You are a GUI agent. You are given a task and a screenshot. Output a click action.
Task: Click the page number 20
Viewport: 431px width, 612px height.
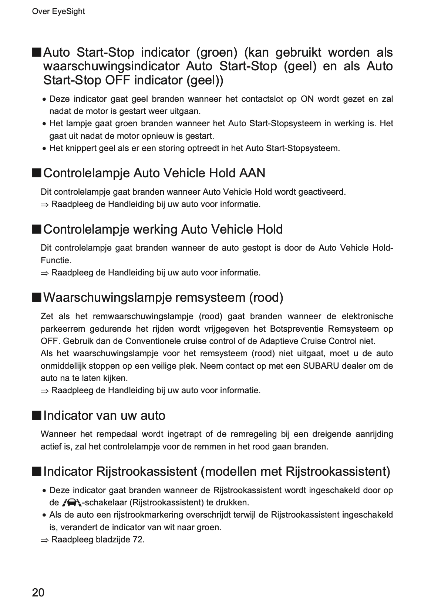pyautogui.click(x=38, y=592)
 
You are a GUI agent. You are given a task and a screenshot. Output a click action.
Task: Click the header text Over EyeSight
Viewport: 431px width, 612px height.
pyautogui.click(x=58, y=11)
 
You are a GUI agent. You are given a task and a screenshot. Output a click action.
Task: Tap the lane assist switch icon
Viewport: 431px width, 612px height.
pyautogui.click(x=72, y=503)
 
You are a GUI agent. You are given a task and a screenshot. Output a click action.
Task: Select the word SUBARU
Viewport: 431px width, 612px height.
pyautogui.click(x=319, y=366)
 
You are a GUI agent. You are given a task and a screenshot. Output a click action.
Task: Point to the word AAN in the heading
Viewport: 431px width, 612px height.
pyautogui.click(x=252, y=173)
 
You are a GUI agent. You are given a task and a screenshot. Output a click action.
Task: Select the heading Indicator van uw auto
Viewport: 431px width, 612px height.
pyautogui.click(x=104, y=415)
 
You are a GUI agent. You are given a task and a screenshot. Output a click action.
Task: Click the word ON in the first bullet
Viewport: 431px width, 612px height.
pyautogui.click(x=307, y=99)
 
